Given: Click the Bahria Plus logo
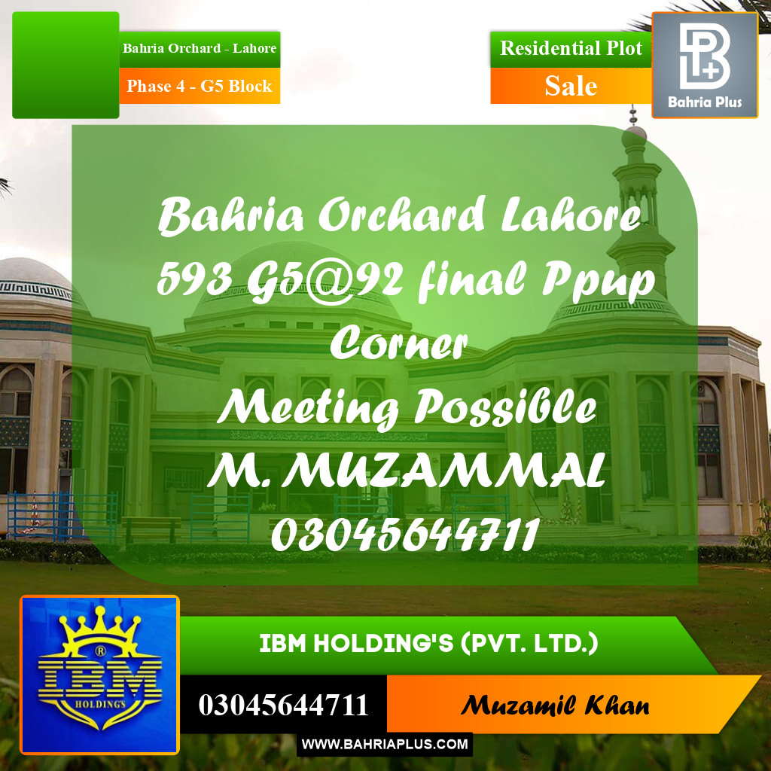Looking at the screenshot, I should click(x=704, y=65).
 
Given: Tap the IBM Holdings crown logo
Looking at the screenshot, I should click(x=99, y=675).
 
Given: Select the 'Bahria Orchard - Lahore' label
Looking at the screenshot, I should click(x=200, y=48).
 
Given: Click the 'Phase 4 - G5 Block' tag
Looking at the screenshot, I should click(x=200, y=87).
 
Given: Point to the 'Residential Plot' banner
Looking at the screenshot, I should click(x=571, y=48).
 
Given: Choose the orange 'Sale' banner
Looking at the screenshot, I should click(x=571, y=87).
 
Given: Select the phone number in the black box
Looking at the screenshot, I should click(x=284, y=705).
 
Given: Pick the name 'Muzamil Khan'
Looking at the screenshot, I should click(x=555, y=705).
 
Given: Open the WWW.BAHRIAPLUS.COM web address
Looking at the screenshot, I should click(x=385, y=745).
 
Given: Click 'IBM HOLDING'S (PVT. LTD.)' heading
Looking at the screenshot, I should click(x=429, y=645).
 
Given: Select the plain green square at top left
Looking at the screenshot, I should click(x=66, y=65).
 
